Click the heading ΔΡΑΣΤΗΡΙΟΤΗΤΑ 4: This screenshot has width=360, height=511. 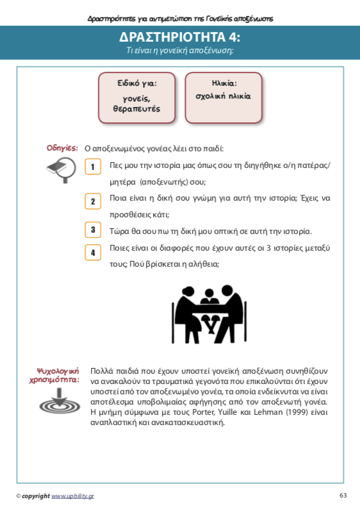pos(179,37)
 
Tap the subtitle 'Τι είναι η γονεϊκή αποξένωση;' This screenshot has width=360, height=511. pos(179,51)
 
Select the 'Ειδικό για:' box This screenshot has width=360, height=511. pos(136,97)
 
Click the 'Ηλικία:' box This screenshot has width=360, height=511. pos(224,97)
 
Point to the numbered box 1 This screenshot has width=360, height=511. pos(93,167)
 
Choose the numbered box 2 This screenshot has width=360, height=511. pos(93,201)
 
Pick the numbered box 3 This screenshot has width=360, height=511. pos(93,230)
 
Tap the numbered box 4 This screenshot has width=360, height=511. pos(93,253)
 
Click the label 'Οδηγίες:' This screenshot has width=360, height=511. pos(62,148)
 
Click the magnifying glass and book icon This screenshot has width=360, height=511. pos(62,170)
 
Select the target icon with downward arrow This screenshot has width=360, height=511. pos(60,401)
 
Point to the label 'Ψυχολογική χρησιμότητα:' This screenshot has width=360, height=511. pos(54,376)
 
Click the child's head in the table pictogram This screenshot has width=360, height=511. pos(208,292)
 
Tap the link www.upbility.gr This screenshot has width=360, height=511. pos(72,496)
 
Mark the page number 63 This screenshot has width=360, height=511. pos(343,496)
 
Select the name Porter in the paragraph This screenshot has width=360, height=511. pos(204,412)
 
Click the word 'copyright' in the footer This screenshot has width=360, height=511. pos(36,496)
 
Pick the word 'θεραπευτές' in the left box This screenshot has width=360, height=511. pos(136,109)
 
